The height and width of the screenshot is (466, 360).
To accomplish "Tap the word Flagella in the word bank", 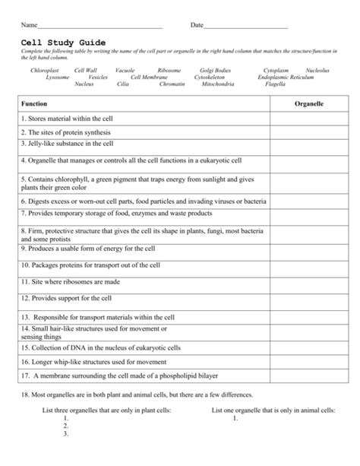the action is (x=275, y=84).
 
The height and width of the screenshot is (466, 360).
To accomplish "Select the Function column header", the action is (x=34, y=102).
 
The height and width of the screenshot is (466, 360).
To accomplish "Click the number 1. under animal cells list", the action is (x=235, y=417).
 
